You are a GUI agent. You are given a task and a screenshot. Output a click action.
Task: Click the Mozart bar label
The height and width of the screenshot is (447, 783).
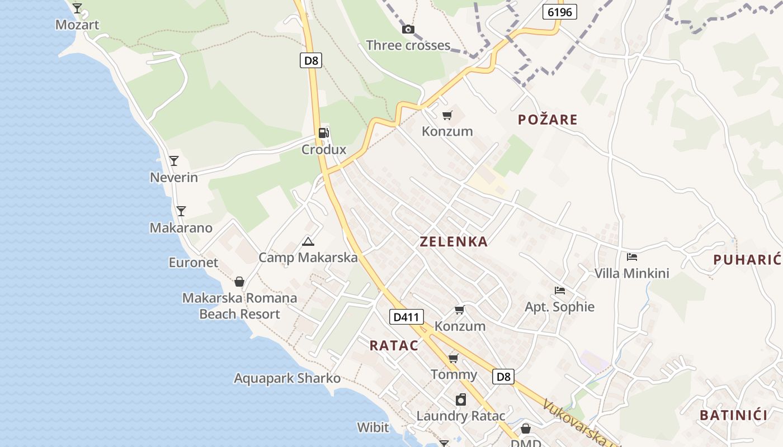click(77, 25)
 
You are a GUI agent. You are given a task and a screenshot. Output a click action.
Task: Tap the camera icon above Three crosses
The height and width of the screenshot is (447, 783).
click(408, 29)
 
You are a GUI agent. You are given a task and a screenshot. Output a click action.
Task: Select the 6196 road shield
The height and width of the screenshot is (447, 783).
click(559, 12)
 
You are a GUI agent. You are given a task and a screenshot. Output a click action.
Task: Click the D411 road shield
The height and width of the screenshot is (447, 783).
click(406, 317)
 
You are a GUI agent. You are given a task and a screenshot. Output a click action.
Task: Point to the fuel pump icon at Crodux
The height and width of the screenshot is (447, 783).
click(323, 133)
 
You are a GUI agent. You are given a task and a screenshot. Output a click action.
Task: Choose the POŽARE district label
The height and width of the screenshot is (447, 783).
click(548, 120)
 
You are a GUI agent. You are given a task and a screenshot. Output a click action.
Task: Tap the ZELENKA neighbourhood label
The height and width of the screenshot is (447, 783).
click(454, 242)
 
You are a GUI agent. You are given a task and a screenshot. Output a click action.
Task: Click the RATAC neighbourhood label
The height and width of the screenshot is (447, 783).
click(394, 345)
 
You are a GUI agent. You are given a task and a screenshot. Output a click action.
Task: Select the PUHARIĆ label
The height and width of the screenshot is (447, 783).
click(747, 259)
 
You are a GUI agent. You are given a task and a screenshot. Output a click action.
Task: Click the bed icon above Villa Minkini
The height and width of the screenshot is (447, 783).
click(632, 257)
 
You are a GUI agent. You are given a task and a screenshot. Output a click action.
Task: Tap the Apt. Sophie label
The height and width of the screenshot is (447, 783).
click(559, 307)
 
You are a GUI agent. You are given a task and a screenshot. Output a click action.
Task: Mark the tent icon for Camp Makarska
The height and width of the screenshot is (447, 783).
click(308, 241)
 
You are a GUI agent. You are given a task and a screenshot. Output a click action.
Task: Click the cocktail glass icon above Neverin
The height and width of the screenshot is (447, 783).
click(174, 161)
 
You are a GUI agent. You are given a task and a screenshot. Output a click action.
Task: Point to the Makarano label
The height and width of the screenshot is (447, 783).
click(181, 228)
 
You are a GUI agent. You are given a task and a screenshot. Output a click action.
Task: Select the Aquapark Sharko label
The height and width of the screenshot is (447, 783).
click(287, 378)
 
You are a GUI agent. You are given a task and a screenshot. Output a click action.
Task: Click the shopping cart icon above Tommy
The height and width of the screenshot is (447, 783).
click(454, 358)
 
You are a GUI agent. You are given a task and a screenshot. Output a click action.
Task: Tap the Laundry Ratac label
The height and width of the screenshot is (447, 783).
click(461, 416)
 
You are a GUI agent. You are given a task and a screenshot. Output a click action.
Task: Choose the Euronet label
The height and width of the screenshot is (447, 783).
click(194, 262)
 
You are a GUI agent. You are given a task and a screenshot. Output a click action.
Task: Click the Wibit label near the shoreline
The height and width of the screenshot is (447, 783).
click(373, 427)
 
